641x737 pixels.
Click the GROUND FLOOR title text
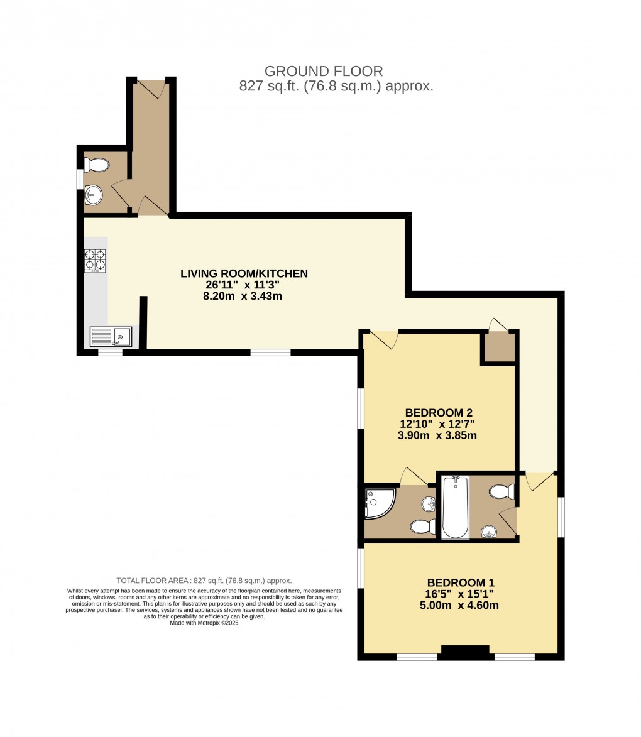point(324,71)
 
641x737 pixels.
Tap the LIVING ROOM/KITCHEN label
point(244,273)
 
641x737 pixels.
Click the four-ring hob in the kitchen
point(95,261)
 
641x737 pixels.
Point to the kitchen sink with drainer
point(111,336)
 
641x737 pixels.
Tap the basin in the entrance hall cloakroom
point(94,194)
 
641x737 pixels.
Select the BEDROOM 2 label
point(439,413)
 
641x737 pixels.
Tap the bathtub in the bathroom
point(455,507)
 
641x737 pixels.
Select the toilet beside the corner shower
point(420,526)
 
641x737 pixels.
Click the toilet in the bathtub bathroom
point(501,491)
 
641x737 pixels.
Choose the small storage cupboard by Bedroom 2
point(500,347)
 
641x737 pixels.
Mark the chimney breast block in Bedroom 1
point(465,652)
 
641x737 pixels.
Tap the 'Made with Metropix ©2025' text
point(204,623)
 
